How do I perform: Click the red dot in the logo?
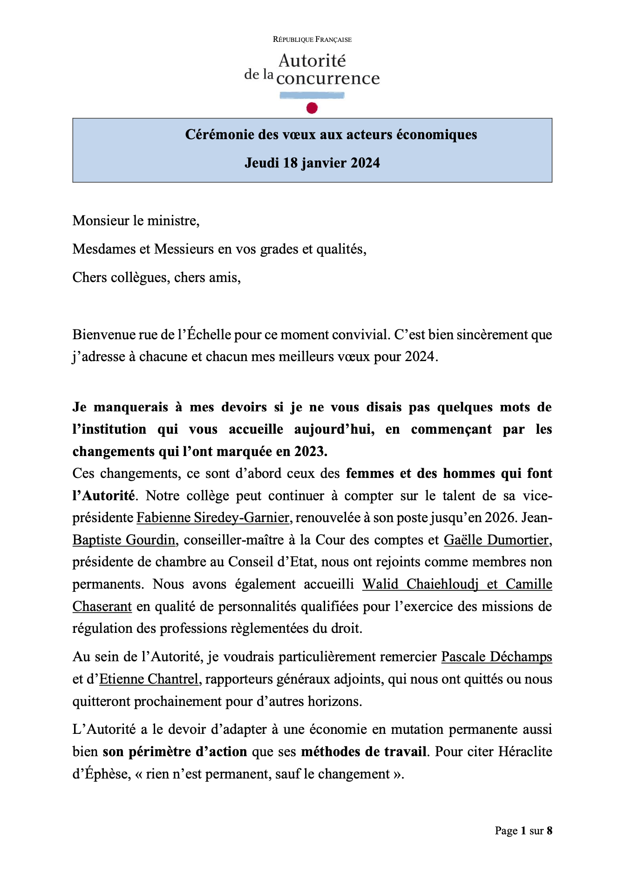coord(312,108)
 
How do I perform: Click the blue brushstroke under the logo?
coord(312,95)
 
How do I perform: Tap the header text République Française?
coord(312,40)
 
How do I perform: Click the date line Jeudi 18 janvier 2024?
coord(312,163)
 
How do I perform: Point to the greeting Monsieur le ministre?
coord(136,221)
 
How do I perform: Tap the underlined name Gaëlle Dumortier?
coord(497,540)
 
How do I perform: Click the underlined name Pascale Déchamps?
coord(496,657)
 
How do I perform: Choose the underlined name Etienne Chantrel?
coord(149,679)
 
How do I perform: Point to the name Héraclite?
coord(525,752)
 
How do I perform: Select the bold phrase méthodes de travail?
coord(364,752)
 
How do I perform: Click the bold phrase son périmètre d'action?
coord(175,752)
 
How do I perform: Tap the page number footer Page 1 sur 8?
coord(523,831)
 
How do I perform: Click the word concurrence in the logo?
coord(328,79)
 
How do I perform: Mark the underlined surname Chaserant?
coord(102,607)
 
